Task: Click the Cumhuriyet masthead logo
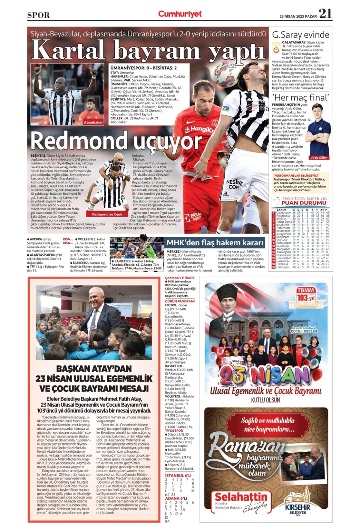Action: pos(180,14)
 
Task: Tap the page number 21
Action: pos(325,13)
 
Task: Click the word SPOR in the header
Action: pos(38,15)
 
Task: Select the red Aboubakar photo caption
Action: pos(93,122)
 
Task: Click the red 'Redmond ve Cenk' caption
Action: pos(107,214)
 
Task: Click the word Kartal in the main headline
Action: pos(68,49)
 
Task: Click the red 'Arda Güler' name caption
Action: pos(319,157)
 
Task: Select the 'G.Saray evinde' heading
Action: pos(300,35)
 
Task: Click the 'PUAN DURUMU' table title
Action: pos(304,203)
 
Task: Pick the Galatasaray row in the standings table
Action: pos(300,212)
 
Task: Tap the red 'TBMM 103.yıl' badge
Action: pos(305,295)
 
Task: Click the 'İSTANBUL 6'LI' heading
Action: pos(178,475)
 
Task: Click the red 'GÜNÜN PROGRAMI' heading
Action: pos(180,301)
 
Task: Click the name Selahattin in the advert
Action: pos(241,496)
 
